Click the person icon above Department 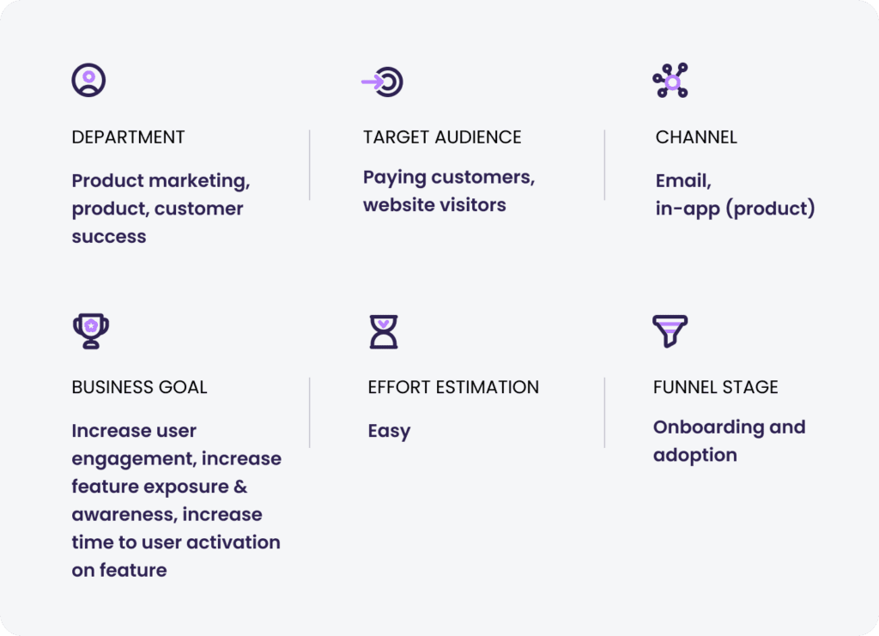pyautogui.click(x=88, y=80)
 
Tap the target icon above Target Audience pyautogui.click(x=382, y=82)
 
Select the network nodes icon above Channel pyautogui.click(x=670, y=80)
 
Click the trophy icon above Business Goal pyautogui.click(x=91, y=331)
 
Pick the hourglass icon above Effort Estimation pyautogui.click(x=384, y=331)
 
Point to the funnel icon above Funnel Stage pyautogui.click(x=670, y=330)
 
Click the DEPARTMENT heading pyautogui.click(x=129, y=137)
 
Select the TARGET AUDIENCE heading pyautogui.click(x=442, y=137)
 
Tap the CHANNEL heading pyautogui.click(x=696, y=137)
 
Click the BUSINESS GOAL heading pyautogui.click(x=140, y=387)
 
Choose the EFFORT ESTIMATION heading pyautogui.click(x=453, y=387)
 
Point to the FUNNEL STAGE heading pyautogui.click(x=716, y=387)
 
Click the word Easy pyautogui.click(x=389, y=432)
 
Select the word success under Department pyautogui.click(x=109, y=237)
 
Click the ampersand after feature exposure pyautogui.click(x=240, y=487)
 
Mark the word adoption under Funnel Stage pyautogui.click(x=695, y=456)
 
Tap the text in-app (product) pyautogui.click(x=736, y=209)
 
